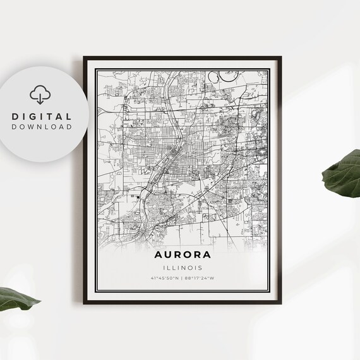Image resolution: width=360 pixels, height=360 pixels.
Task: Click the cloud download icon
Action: (x=40, y=95)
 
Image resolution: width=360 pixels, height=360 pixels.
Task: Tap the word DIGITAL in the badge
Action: (x=41, y=117)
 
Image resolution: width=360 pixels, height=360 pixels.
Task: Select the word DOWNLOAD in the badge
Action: (x=41, y=127)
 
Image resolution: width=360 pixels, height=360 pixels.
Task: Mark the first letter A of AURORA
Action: (x=156, y=256)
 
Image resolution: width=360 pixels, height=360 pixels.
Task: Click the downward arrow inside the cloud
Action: (x=40, y=97)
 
